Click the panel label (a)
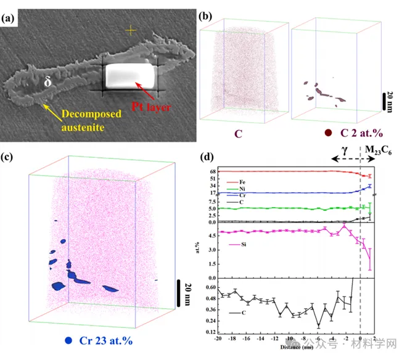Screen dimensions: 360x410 [10, 18]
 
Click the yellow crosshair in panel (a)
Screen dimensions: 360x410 [130, 29]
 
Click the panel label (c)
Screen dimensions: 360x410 [9, 157]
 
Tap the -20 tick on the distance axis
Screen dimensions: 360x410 [217, 339]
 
